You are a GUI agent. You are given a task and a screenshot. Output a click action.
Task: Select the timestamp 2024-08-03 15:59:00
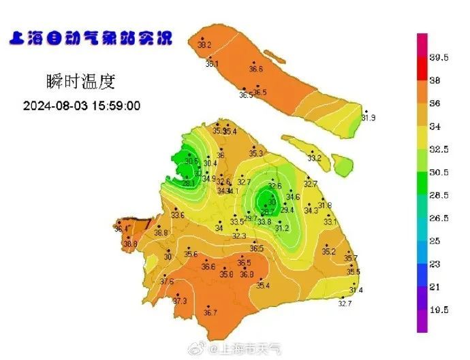82,106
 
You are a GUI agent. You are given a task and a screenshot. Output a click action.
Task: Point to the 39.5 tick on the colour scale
439,58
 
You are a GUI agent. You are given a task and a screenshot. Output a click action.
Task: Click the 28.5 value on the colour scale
439,195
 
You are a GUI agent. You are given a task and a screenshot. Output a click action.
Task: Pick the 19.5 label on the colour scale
439,310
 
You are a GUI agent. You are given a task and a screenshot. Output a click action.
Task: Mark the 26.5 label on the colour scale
439,218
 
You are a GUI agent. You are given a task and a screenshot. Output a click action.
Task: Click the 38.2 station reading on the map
204,45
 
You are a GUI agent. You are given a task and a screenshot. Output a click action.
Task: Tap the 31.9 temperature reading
369,118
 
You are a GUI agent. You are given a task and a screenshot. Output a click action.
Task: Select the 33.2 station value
314,158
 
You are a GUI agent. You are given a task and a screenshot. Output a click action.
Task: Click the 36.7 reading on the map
210,313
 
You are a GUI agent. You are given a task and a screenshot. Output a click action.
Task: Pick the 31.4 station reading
356,290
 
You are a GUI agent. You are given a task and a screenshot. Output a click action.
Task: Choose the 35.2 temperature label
328,252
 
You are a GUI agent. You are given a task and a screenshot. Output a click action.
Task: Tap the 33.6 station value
178,215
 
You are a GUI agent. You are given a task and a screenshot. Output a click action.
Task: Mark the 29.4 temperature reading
287,210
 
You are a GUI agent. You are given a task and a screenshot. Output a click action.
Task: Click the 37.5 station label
167,281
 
